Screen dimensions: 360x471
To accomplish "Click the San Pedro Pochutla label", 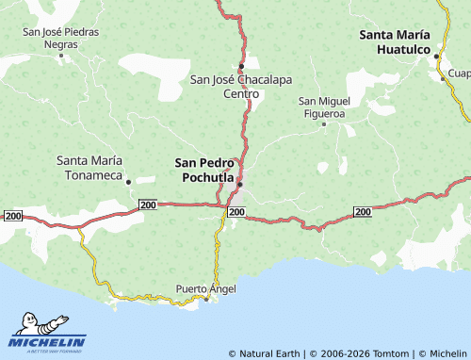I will tap(204, 169).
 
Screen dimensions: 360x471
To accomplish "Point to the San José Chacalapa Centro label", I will tap(240, 86).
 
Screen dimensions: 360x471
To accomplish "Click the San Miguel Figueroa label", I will tap(324, 106).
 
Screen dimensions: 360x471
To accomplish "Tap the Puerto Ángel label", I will tap(206, 287).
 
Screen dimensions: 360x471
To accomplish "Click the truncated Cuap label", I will tap(459, 73).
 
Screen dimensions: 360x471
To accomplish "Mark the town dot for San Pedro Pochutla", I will tap(240, 185).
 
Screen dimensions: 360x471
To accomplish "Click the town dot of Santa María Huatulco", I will tap(436, 57).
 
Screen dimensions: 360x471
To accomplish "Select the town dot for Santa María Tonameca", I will tap(129, 181).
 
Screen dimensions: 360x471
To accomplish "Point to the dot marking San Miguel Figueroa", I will tap(324, 123).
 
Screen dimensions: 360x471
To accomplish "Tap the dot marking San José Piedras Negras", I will tap(62, 55).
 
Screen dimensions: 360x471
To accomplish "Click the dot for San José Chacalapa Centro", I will tap(241, 65).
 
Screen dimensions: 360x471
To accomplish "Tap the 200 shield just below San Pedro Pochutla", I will tap(236, 213).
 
